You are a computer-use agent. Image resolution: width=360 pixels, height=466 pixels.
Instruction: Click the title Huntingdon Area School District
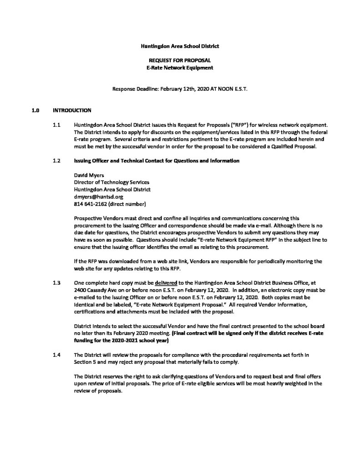coord(180,46)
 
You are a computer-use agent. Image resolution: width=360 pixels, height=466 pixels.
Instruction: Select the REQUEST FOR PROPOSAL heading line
coord(180,61)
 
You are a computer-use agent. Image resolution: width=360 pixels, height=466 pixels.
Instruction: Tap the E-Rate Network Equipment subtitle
coord(180,67)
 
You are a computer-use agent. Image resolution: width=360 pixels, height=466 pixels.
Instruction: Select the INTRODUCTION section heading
coord(72,110)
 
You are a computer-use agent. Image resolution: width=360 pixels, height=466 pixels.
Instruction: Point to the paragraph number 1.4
coord(56,355)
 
